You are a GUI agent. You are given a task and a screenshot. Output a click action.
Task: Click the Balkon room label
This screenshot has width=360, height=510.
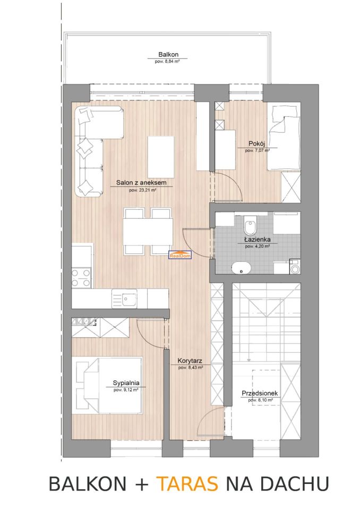click(x=168, y=55)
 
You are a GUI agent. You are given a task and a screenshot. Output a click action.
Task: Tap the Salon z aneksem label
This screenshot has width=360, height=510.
click(x=141, y=183)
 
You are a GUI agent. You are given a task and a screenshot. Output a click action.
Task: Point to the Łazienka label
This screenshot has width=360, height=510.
click(x=257, y=240)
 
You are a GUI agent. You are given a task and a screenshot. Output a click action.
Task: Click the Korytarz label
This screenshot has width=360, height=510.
click(x=190, y=361)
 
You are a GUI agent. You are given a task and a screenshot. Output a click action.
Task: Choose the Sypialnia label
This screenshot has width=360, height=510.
click(x=126, y=383)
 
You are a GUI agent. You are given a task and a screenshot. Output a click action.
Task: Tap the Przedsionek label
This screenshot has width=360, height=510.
click(x=260, y=394)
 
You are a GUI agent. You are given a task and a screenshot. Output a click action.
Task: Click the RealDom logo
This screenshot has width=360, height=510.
click(x=180, y=255)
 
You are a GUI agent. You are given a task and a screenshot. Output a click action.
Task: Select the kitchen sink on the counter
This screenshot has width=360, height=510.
click(x=125, y=298)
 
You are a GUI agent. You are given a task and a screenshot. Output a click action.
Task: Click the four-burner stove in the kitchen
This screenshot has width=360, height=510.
click(x=81, y=277)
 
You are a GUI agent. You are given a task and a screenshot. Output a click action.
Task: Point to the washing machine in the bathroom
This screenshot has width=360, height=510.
click(x=295, y=266)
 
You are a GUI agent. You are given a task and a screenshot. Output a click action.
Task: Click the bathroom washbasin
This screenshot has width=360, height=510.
click(x=241, y=268)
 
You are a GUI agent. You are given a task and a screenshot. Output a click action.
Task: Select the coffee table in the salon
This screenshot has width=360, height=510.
click(x=161, y=157)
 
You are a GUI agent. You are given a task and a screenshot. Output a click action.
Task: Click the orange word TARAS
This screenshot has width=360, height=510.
click(x=187, y=483)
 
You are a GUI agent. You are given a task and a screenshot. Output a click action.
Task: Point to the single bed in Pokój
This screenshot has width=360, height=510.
click(x=284, y=138)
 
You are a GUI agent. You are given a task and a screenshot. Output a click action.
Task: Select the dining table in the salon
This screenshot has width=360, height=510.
click(x=148, y=232)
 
